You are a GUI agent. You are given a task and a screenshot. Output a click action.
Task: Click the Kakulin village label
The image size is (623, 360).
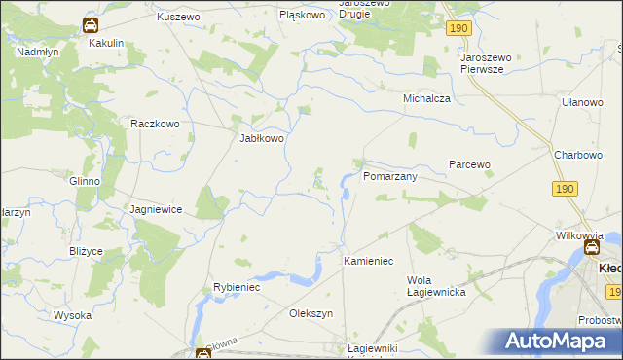(x=106, y=44)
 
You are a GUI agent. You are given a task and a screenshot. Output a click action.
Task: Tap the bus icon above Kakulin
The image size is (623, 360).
(x=90, y=25)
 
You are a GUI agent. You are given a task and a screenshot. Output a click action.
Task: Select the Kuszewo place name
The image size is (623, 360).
(x=178, y=18)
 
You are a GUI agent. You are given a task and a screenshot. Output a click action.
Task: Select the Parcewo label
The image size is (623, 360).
(x=469, y=164)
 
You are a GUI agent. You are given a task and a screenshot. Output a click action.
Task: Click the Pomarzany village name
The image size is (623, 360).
(x=389, y=177)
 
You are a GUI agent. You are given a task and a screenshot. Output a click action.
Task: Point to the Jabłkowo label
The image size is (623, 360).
(x=262, y=138)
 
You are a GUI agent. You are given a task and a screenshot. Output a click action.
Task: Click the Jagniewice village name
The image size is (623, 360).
(x=157, y=209)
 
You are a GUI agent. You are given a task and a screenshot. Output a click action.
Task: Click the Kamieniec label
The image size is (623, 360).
(x=368, y=262)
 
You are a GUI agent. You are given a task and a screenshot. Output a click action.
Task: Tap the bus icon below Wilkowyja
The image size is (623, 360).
(x=591, y=248)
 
